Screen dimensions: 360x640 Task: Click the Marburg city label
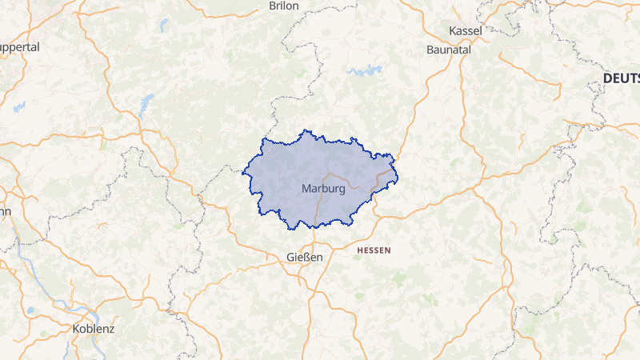tap(324, 189)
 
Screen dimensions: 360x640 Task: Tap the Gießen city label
tap(304, 257)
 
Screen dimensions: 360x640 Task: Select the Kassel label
tap(466, 30)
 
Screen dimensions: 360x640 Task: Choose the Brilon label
tap(283, 6)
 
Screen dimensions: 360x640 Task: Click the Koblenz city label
tap(94, 329)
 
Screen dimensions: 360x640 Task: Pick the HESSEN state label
tap(374, 250)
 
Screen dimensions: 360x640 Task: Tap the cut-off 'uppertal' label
tap(19, 47)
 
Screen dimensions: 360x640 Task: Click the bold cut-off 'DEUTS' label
tap(621, 78)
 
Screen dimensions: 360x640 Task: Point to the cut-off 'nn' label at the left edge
tap(5, 212)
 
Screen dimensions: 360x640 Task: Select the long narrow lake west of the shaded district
tap(146, 104)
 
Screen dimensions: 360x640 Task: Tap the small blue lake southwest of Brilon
tap(164, 25)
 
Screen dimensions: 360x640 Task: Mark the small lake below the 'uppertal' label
tap(19, 106)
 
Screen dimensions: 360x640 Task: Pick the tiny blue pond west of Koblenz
tap(30, 310)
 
